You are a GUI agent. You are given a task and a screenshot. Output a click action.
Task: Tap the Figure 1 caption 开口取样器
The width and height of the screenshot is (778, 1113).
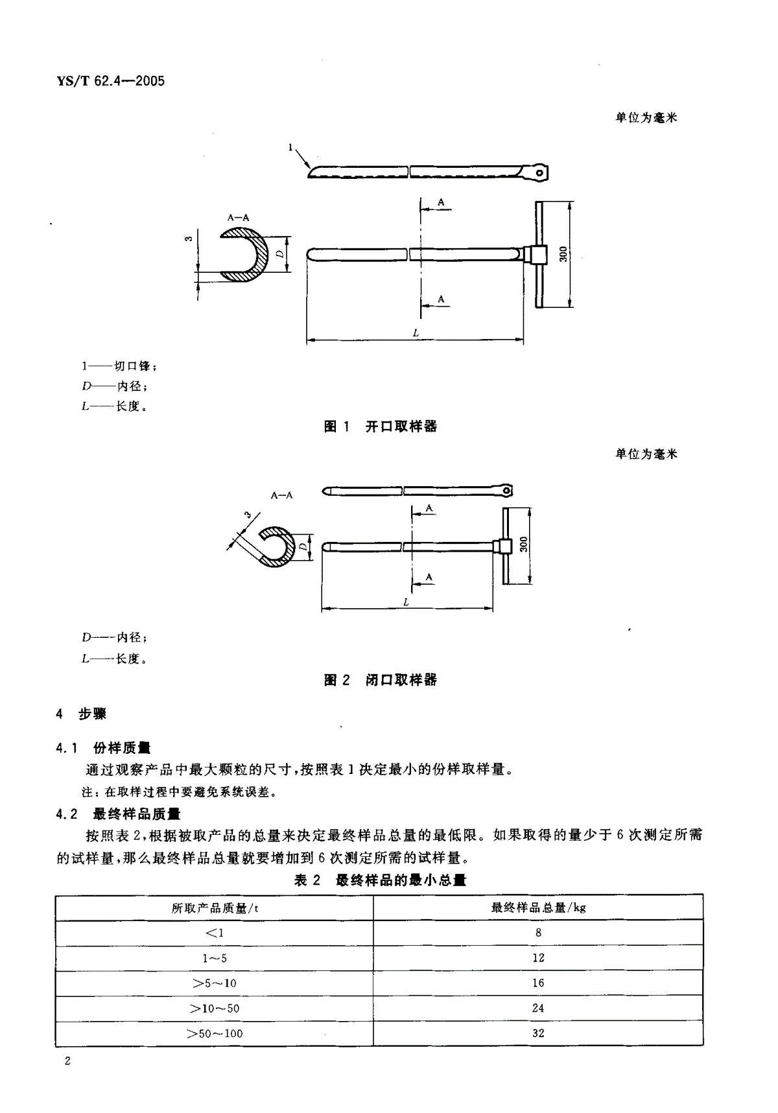click(x=401, y=427)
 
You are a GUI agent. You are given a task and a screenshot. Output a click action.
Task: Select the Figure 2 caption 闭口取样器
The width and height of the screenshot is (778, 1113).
click(x=401, y=680)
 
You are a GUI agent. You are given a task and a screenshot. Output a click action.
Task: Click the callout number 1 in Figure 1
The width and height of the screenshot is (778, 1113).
click(x=290, y=148)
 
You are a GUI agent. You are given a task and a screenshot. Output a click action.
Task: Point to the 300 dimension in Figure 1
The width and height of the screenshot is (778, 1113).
click(x=563, y=253)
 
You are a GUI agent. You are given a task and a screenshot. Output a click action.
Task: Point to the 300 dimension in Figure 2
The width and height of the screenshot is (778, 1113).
click(x=524, y=545)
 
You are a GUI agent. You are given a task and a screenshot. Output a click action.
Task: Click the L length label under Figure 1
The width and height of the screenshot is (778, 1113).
click(x=416, y=333)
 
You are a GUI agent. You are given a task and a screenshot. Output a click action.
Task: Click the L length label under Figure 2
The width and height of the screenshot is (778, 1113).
click(x=407, y=602)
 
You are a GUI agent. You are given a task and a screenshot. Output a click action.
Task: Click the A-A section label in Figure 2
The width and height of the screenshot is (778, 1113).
click(x=282, y=495)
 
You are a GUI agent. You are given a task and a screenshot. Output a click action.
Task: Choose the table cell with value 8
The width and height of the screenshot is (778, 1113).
click(x=538, y=933)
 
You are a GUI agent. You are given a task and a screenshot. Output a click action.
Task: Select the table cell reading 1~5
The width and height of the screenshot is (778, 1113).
click(x=215, y=958)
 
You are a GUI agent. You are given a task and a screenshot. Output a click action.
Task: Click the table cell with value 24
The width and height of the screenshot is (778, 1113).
click(x=538, y=1009)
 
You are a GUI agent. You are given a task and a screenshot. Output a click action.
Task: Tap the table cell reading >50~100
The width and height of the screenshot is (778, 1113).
click(x=215, y=1033)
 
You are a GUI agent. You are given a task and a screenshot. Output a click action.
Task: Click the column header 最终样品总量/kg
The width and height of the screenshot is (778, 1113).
click(x=538, y=908)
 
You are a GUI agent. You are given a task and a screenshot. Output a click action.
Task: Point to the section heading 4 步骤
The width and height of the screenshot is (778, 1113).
click(x=82, y=714)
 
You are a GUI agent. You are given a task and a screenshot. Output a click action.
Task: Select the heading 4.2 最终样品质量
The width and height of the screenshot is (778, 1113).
click(x=119, y=814)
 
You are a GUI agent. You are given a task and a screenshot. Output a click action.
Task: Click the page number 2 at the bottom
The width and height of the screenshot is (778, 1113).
click(x=67, y=1061)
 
